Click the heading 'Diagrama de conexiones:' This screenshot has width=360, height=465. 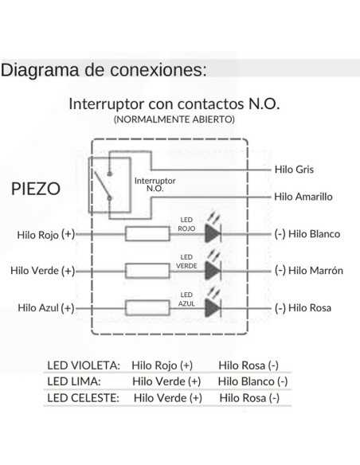tap(104, 68)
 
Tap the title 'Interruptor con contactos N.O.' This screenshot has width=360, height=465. tap(174, 104)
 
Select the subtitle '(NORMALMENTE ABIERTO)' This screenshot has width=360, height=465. tap(174, 119)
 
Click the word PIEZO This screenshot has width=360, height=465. tap(37, 190)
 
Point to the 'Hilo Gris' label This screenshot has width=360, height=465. tap(294, 170)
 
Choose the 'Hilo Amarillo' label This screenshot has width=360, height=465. tap(303, 196)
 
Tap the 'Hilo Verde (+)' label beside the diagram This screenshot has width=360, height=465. tap(42, 271)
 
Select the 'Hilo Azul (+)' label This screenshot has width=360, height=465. tap(45, 308)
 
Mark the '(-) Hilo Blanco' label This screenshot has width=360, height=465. tap(307, 234)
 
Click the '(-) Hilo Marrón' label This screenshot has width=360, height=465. tap(308, 271)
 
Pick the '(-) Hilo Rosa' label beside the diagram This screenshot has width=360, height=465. tap(303, 308)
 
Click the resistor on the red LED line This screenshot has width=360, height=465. tap(147, 233)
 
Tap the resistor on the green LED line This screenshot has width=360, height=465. tap(147, 271)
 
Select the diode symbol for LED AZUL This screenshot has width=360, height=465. tap(213, 307)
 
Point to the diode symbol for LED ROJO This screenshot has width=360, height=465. tap(213, 233)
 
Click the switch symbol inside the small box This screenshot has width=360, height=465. tap(109, 184)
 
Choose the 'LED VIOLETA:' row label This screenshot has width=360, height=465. tap(84, 365)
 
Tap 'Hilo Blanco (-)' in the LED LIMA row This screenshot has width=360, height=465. tap(252, 381)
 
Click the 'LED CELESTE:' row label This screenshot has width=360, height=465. tap(83, 397)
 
